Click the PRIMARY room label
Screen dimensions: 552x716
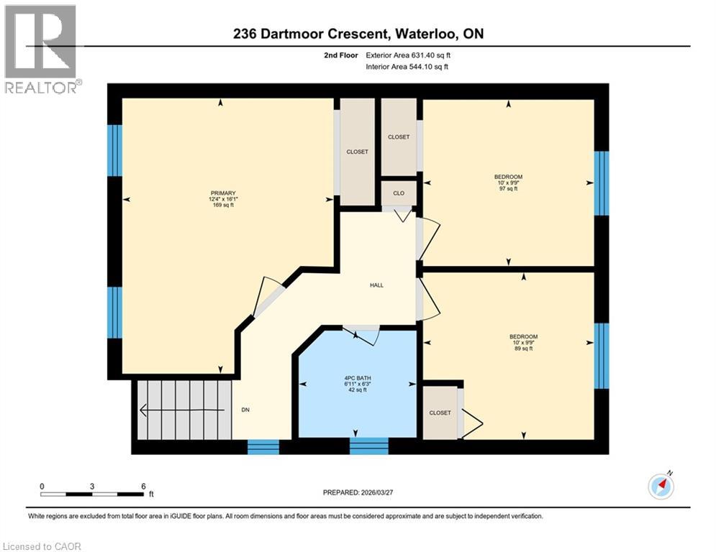[222, 193]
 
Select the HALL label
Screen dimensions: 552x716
[376, 285]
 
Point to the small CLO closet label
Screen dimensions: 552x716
[398, 193]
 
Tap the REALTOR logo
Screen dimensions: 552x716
[41, 50]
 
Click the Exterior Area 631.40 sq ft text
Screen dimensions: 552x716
[408, 55]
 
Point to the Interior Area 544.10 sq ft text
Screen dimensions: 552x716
[407, 67]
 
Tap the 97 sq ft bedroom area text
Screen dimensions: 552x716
[508, 190]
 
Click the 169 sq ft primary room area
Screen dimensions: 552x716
[222, 206]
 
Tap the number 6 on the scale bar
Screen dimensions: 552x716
[142, 486]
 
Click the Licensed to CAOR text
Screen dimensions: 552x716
[42, 546]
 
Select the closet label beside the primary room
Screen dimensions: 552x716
[357, 152]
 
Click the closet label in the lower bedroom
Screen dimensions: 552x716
[440, 413]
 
